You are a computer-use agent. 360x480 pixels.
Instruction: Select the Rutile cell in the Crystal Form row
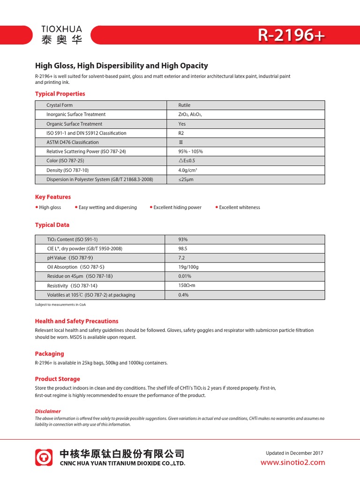coord(184,105)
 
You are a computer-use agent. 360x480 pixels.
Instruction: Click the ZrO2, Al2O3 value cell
coord(190,114)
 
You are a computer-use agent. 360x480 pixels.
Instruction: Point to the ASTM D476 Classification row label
coord(73,142)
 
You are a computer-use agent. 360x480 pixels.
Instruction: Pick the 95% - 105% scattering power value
coord(190,151)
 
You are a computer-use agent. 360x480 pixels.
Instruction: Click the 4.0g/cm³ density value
coord(187,170)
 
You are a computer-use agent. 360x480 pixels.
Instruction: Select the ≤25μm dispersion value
coord(186,180)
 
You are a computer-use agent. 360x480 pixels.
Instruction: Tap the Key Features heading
coord(53,197)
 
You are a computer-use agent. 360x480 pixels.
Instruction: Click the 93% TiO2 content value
coord(183,240)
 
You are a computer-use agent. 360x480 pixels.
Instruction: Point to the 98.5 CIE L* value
coord(183,248)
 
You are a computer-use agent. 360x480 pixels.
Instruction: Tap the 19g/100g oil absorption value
coord(188,267)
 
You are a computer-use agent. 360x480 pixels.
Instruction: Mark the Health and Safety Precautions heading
coord(76,321)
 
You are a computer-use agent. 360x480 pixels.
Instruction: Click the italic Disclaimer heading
coord(48,411)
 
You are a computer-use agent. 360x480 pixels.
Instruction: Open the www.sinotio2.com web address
coord(292,463)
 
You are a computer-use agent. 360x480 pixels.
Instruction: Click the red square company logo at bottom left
coord(45,457)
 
